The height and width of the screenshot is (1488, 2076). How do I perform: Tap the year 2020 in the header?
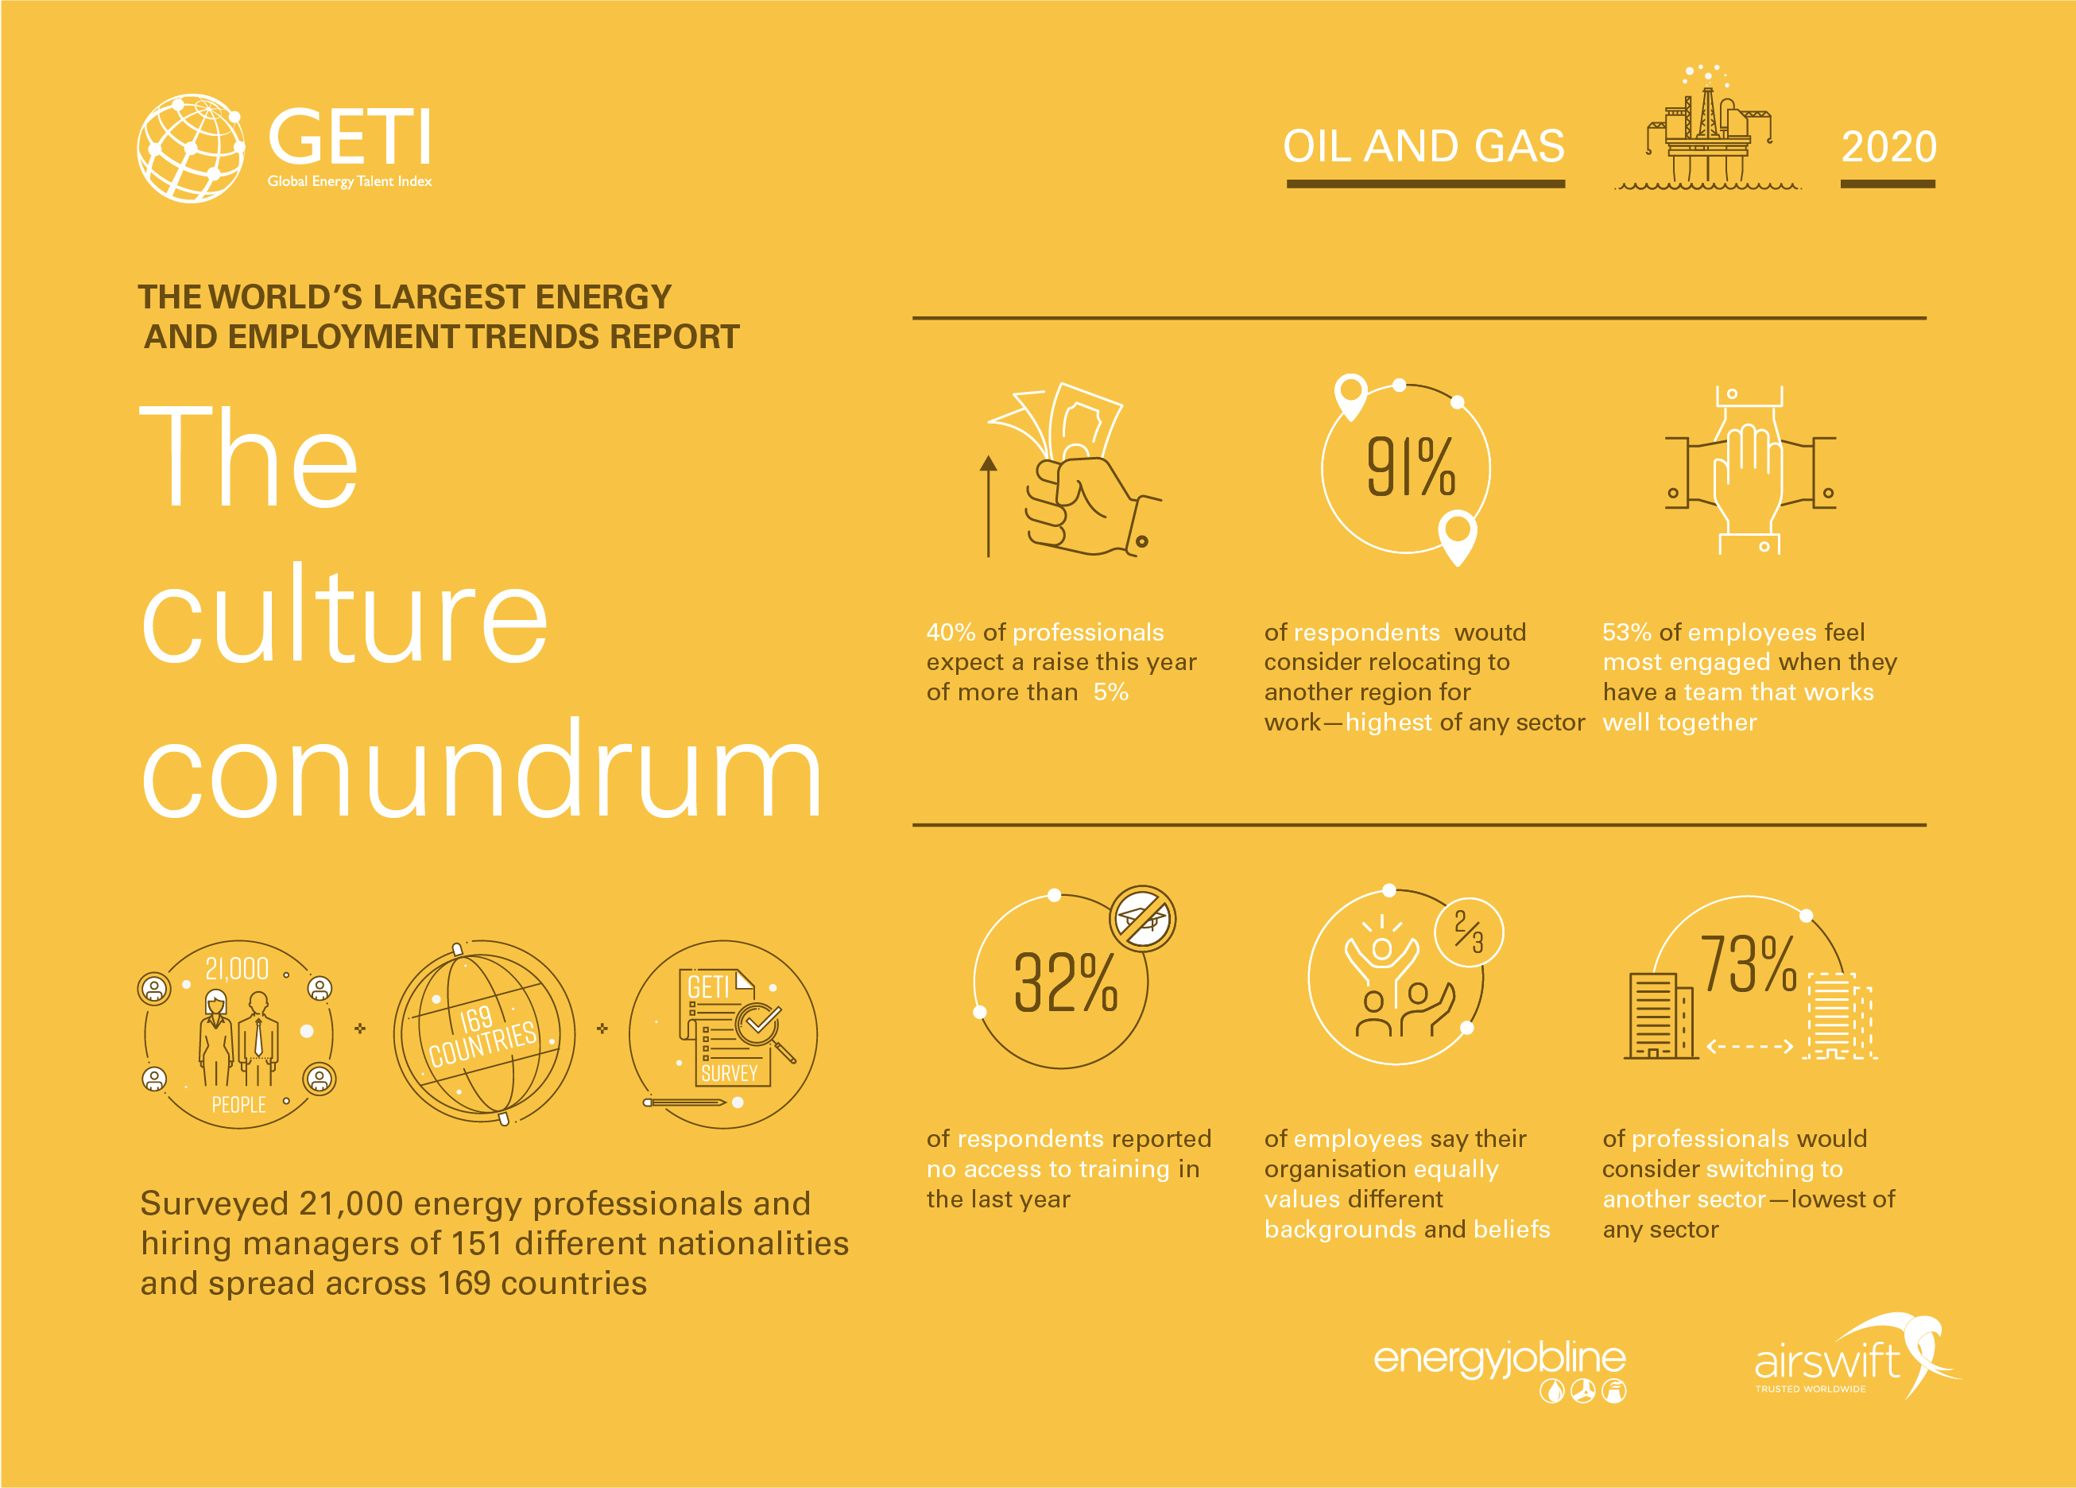click(1888, 146)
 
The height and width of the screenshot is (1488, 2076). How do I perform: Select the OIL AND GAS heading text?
click(1423, 146)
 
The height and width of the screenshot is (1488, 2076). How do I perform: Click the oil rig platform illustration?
click(1708, 127)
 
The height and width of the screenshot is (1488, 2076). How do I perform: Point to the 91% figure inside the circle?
click(1411, 467)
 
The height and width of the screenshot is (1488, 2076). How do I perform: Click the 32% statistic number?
click(1066, 982)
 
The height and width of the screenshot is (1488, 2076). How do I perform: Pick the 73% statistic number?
click(1749, 964)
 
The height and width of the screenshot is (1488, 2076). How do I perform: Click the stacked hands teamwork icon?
click(1750, 471)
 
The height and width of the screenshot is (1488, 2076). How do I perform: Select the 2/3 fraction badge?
click(1469, 932)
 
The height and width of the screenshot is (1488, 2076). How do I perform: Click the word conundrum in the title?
click(482, 771)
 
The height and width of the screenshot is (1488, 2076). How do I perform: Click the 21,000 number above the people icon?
click(237, 969)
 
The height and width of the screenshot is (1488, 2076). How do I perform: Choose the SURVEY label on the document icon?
click(730, 1073)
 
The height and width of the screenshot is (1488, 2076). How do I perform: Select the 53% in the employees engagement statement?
click(1627, 632)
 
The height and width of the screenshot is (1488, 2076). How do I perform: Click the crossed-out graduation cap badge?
click(1142, 918)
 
